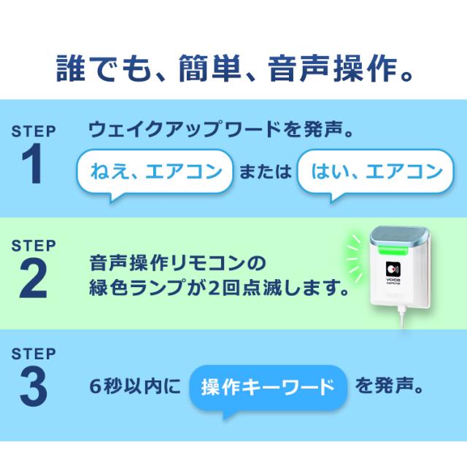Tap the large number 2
[x=34, y=278]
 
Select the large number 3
[x=34, y=389]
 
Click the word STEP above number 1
[x=34, y=132]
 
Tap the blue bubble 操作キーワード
[x=267, y=386]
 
